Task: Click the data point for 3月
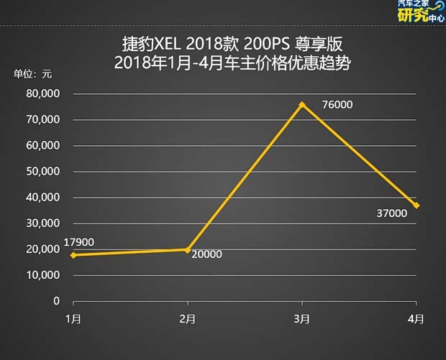tap(302, 104)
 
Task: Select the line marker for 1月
tap(73, 255)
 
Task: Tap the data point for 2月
tap(187, 249)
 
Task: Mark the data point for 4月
tap(417, 206)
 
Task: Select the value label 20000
tap(206, 254)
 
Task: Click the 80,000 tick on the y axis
tap(44, 94)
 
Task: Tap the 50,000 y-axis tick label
tap(44, 172)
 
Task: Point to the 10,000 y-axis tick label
tap(44, 275)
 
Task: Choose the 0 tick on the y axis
tap(57, 301)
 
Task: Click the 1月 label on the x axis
tap(73, 318)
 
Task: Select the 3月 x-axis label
tap(302, 318)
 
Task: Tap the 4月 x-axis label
tap(417, 318)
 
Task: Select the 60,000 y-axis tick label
tap(44, 146)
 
